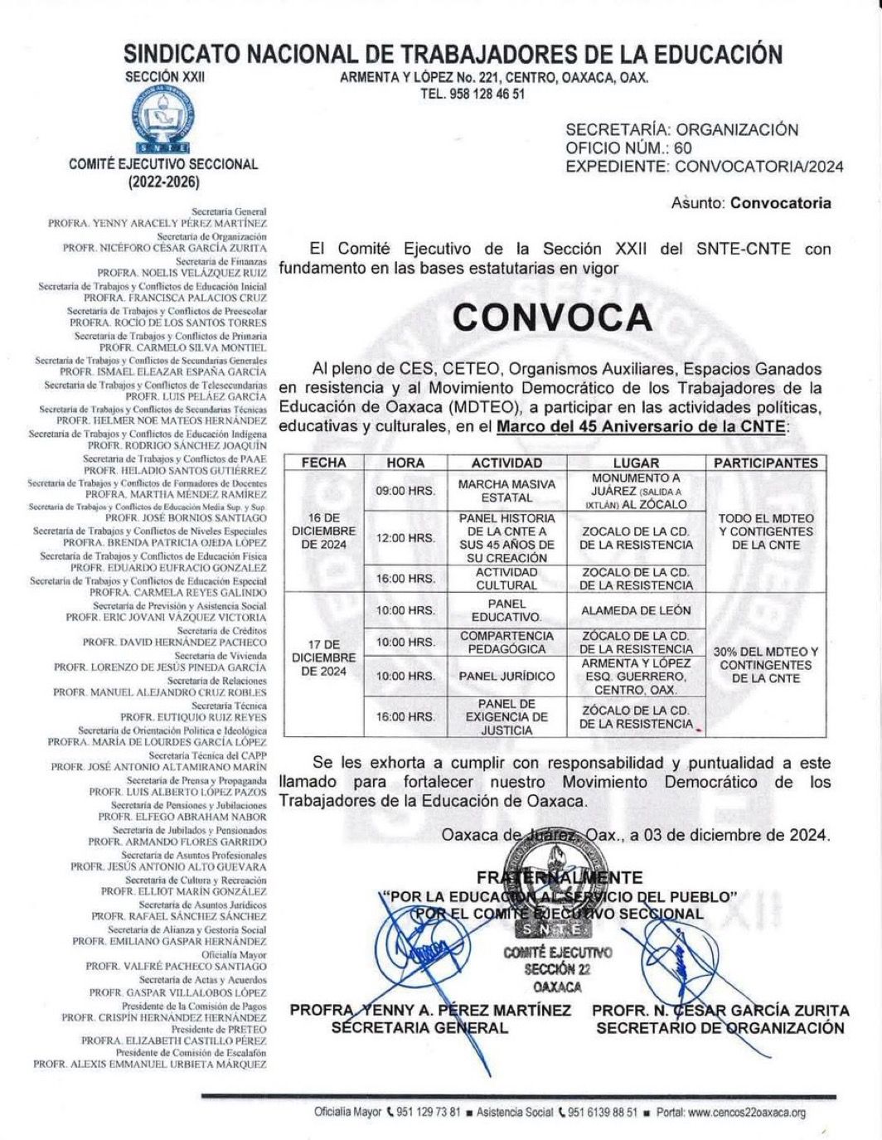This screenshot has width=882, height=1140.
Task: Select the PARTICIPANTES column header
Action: (x=765, y=463)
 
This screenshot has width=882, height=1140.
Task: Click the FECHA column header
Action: (x=323, y=463)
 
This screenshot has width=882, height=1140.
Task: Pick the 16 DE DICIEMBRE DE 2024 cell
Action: (x=323, y=531)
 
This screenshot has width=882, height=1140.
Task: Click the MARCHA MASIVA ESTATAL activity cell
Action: (x=506, y=491)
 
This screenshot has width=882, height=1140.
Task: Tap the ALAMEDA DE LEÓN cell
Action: (x=636, y=610)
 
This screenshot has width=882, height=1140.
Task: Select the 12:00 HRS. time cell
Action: (x=405, y=538)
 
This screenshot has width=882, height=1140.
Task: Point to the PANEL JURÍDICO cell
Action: (x=506, y=677)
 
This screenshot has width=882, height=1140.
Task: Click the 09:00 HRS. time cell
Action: (x=405, y=491)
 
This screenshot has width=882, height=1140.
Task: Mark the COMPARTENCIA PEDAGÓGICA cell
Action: (x=506, y=643)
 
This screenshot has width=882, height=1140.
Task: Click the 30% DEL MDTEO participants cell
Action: (x=765, y=665)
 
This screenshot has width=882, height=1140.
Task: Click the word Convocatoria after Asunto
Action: (x=781, y=203)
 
